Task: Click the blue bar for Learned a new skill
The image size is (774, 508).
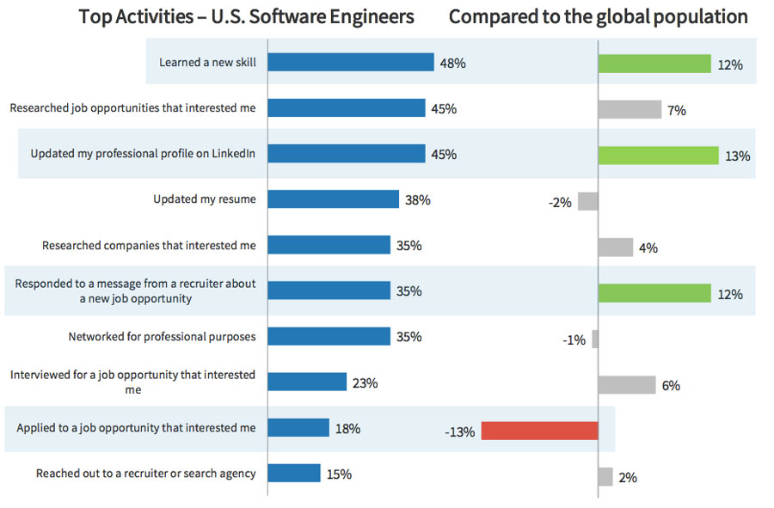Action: [350, 63]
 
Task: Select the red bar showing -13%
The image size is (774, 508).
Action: [539, 431]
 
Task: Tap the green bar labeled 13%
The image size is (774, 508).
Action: [658, 156]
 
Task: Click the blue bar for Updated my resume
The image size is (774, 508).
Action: [334, 199]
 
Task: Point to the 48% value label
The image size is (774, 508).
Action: [452, 64]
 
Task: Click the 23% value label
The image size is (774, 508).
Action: [365, 383]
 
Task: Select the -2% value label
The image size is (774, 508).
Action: [559, 203]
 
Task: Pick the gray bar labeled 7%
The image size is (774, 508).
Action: [630, 110]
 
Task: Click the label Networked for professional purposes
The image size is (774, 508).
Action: [162, 336]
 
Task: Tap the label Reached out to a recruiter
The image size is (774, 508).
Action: [145, 474]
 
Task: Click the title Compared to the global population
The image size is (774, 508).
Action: [598, 16]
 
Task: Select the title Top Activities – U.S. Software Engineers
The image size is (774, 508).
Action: [246, 16]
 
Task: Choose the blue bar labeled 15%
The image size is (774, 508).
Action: [294, 474]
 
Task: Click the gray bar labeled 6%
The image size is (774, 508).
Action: [626, 385]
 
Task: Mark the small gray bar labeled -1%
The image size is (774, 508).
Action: [595, 340]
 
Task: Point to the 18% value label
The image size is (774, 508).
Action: [347, 428]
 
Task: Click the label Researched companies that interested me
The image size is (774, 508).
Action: [149, 245]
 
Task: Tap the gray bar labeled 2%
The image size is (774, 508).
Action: [605, 477]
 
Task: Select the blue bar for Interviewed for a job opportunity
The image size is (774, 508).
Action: [307, 383]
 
